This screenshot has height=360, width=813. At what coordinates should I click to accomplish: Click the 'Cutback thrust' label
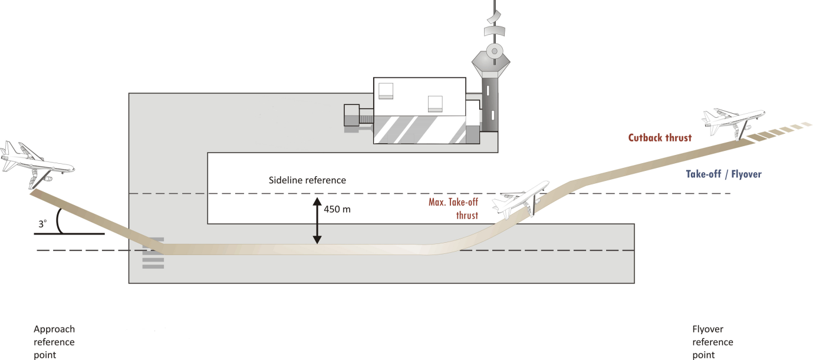tap(660, 137)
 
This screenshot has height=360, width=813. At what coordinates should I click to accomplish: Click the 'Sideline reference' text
tap(307, 180)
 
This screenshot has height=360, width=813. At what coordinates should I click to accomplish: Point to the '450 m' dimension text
tap(337, 209)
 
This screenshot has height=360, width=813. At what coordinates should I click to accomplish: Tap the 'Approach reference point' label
tap(54, 342)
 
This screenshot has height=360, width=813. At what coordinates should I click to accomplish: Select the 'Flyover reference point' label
tap(713, 342)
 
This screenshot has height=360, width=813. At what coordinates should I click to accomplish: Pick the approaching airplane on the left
tap(35, 162)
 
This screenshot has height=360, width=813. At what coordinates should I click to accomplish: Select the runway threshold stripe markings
tap(153, 253)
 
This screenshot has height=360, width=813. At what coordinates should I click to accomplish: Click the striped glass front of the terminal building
tap(419, 130)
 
